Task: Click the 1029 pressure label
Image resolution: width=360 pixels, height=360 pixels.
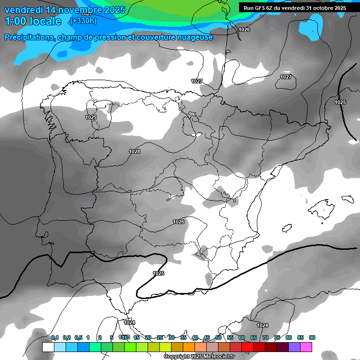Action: (x=91, y=117)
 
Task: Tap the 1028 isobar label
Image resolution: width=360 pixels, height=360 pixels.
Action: (x=135, y=151)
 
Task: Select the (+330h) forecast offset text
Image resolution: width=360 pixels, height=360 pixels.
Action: (x=83, y=21)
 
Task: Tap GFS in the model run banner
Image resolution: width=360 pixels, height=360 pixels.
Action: (x=261, y=8)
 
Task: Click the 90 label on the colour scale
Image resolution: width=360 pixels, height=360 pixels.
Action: (x=312, y=337)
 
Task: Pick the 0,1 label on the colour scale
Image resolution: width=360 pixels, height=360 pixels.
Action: (x=55, y=337)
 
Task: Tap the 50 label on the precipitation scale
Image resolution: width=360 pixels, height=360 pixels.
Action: (x=218, y=337)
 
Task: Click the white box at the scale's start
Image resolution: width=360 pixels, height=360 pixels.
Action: (x=48, y=347)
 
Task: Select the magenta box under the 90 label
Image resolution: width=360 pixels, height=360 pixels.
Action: (x=306, y=347)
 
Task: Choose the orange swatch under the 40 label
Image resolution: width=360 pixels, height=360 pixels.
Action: (x=188, y=347)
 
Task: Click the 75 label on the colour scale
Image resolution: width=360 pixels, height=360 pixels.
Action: (x=277, y=337)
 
